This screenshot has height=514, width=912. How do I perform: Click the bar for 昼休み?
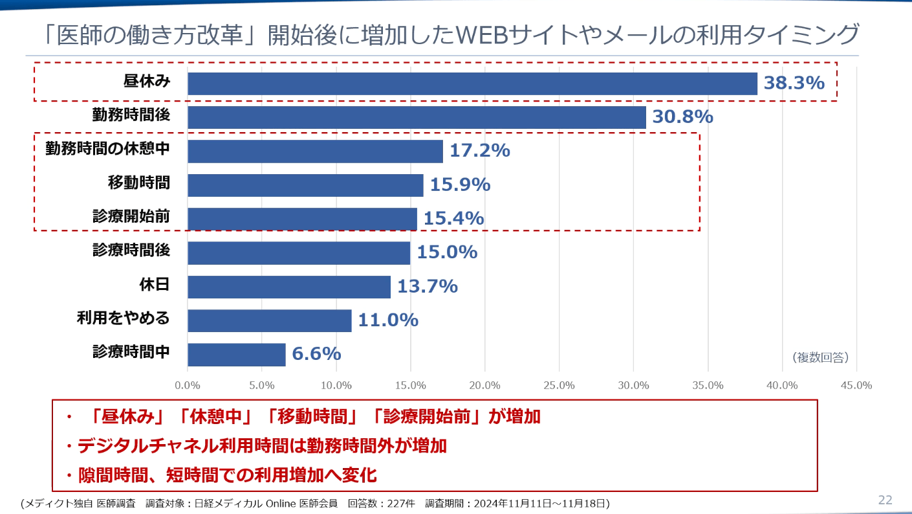point(472,84)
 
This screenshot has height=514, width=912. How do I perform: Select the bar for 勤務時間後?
point(417,117)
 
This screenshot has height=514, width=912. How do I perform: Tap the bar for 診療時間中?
point(236,354)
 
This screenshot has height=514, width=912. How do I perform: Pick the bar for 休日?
point(289,286)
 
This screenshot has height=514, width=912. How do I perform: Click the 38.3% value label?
point(794,83)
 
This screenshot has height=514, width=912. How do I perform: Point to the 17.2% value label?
point(479,151)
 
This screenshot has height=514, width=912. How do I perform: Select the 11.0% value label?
point(387,320)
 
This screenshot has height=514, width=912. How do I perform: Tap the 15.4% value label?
point(453,219)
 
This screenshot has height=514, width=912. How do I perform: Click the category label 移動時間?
point(138,183)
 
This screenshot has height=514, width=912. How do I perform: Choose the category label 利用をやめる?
point(123,318)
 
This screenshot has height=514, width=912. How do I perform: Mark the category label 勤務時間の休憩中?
point(107,149)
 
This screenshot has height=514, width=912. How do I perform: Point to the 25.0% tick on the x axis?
point(559,385)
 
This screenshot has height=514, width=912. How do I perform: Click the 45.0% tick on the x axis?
point(856,385)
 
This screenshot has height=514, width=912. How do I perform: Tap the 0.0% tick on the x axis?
point(188,385)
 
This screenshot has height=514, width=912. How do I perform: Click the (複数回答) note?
point(820,357)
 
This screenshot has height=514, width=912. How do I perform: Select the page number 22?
point(885,500)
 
